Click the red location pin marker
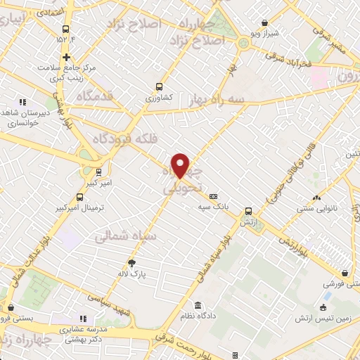pos(181,165)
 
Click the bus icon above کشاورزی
pos(159,87)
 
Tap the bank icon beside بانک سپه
pos(214,196)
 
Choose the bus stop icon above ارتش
pos(247,211)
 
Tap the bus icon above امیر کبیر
pos(98,171)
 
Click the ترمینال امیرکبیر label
pos(79,209)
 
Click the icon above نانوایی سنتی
pos(316,198)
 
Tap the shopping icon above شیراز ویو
pos(264,22)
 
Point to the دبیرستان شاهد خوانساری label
pos(25,116)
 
